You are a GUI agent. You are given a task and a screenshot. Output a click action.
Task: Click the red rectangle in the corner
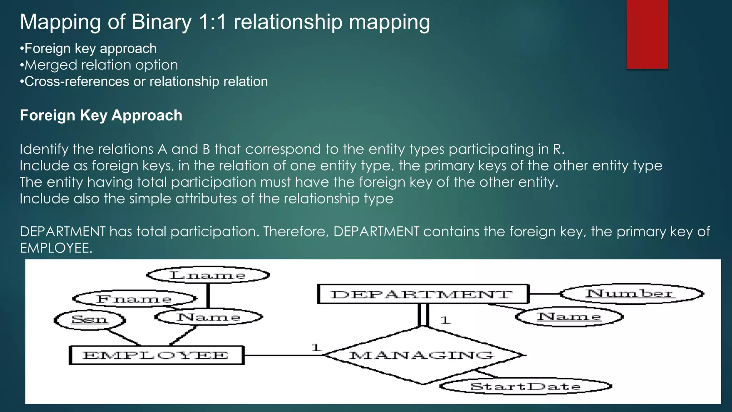[647, 34]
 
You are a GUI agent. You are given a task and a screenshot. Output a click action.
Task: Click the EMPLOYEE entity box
[157, 355]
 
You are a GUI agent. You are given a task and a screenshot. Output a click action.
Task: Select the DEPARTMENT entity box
[423, 294]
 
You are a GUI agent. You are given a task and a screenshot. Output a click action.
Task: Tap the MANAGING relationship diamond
[422, 355]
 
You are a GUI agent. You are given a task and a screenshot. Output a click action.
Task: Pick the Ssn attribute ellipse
[90, 319]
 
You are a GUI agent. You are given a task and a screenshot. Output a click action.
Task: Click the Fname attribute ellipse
[134, 299]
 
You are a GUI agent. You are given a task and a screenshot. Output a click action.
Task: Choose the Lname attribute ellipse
[208, 275]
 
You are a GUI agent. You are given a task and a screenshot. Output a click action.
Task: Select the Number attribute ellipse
[630, 294]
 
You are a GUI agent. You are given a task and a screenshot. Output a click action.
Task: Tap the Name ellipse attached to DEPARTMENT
[569, 317]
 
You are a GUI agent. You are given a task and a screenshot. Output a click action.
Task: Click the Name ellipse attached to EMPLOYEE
[209, 317]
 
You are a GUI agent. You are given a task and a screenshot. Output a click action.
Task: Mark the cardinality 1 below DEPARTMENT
[445, 320]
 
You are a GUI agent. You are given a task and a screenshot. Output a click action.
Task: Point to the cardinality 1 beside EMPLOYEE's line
[316, 347]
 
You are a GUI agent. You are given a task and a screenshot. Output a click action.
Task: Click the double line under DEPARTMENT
[423, 315]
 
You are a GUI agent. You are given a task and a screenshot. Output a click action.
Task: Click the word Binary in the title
[162, 22]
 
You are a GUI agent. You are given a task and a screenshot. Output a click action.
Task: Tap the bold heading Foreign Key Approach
[101, 116]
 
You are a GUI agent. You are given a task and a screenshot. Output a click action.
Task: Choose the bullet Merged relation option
[101, 65]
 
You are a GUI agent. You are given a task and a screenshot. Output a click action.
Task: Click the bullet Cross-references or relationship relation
[146, 82]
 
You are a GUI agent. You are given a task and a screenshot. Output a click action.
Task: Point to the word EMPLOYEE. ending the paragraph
[56, 248]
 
